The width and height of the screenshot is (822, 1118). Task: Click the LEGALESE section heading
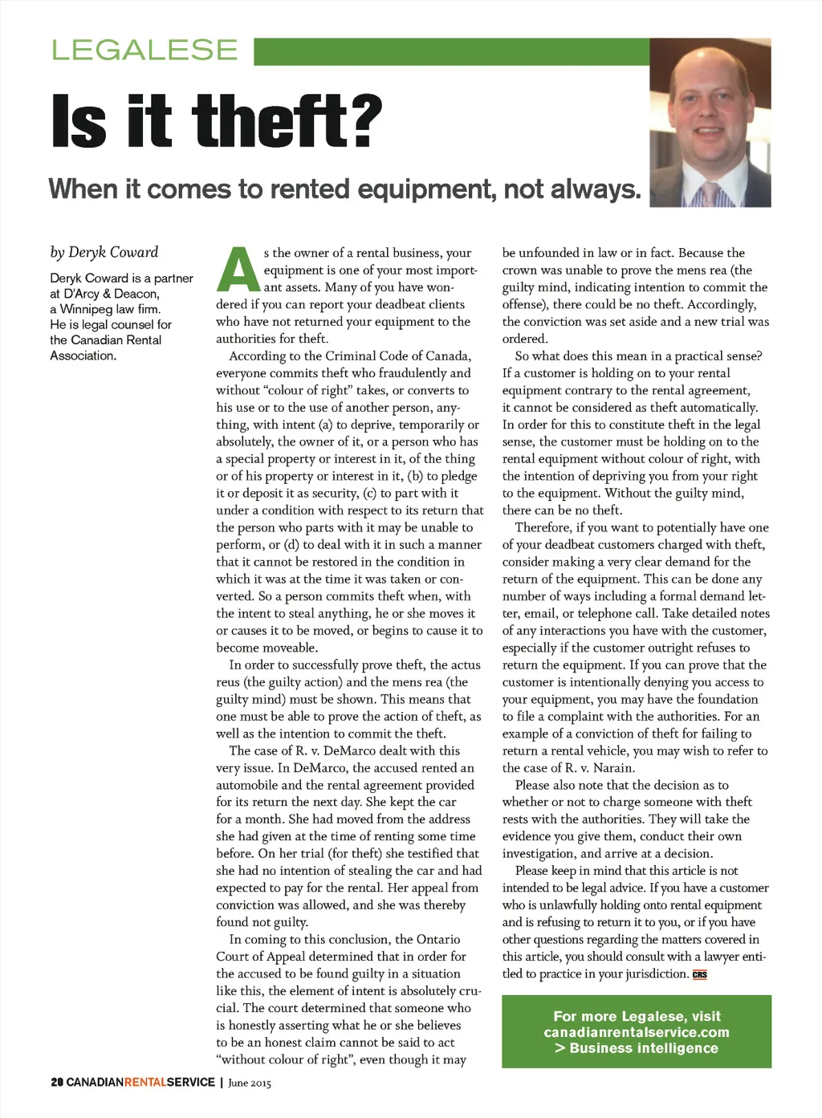[144, 50]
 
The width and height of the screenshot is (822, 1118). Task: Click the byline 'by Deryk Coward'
[104, 252]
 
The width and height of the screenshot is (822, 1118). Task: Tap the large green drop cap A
[238, 270]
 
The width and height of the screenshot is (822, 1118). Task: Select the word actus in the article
[466, 665]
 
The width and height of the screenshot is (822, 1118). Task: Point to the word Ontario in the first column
[438, 939]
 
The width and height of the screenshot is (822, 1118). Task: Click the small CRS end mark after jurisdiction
[700, 974]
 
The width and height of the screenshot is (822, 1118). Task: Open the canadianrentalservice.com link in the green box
[637, 1032]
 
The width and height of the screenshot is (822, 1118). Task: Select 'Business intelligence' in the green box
[643, 1048]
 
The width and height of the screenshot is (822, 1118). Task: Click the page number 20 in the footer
[57, 1083]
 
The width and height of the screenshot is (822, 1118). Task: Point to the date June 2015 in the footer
[250, 1083]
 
